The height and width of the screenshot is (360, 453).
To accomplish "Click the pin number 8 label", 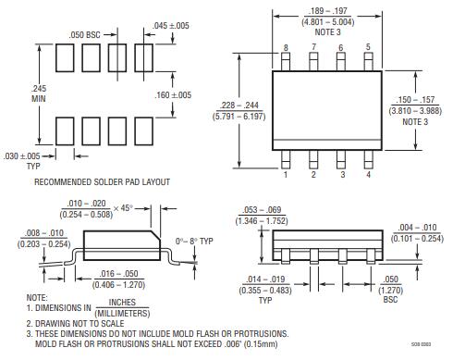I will click(287, 47).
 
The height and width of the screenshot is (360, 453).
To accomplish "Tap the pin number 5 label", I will click(367, 47).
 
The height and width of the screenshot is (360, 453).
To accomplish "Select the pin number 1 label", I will click(287, 173).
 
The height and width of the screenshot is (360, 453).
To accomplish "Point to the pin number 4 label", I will click(367, 173).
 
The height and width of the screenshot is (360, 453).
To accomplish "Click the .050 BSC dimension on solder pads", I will click(85, 34).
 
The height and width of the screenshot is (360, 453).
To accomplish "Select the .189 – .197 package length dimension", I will click(326, 12).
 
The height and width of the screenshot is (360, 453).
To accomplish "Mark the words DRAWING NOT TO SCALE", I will click(80, 323).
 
